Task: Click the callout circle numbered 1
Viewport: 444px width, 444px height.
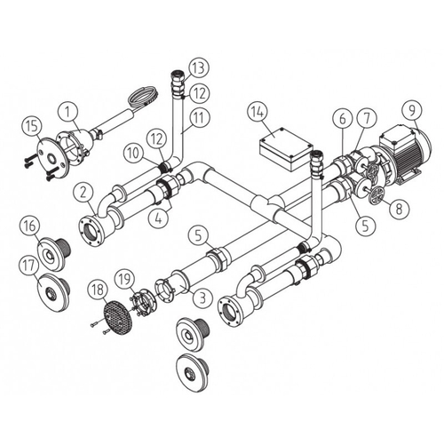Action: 64,113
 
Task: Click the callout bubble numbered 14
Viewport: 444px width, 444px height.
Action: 257,112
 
